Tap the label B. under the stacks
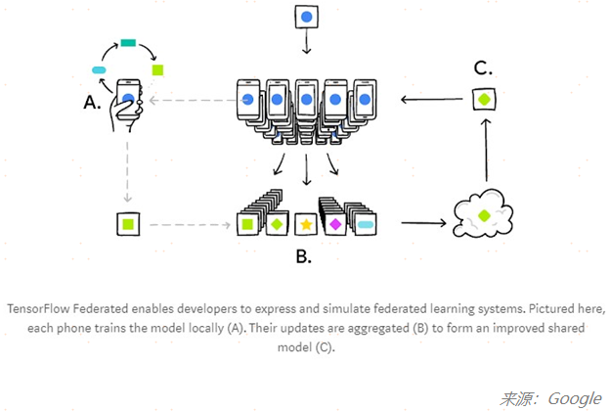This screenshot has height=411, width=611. click(x=304, y=257)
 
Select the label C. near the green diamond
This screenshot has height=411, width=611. click(x=482, y=68)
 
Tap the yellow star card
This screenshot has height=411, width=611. click(x=306, y=225)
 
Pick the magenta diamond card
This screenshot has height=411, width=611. click(x=334, y=224)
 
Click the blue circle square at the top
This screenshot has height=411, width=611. click(x=306, y=18)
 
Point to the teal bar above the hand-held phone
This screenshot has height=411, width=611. click(x=128, y=43)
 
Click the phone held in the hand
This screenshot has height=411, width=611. click(x=128, y=95)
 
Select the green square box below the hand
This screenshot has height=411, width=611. click(x=127, y=224)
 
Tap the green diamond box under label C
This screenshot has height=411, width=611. click(x=484, y=100)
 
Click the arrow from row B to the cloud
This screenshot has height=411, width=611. click(x=420, y=224)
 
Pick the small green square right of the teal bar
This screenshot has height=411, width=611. click(x=157, y=69)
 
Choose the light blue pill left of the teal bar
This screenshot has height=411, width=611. click(x=99, y=70)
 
